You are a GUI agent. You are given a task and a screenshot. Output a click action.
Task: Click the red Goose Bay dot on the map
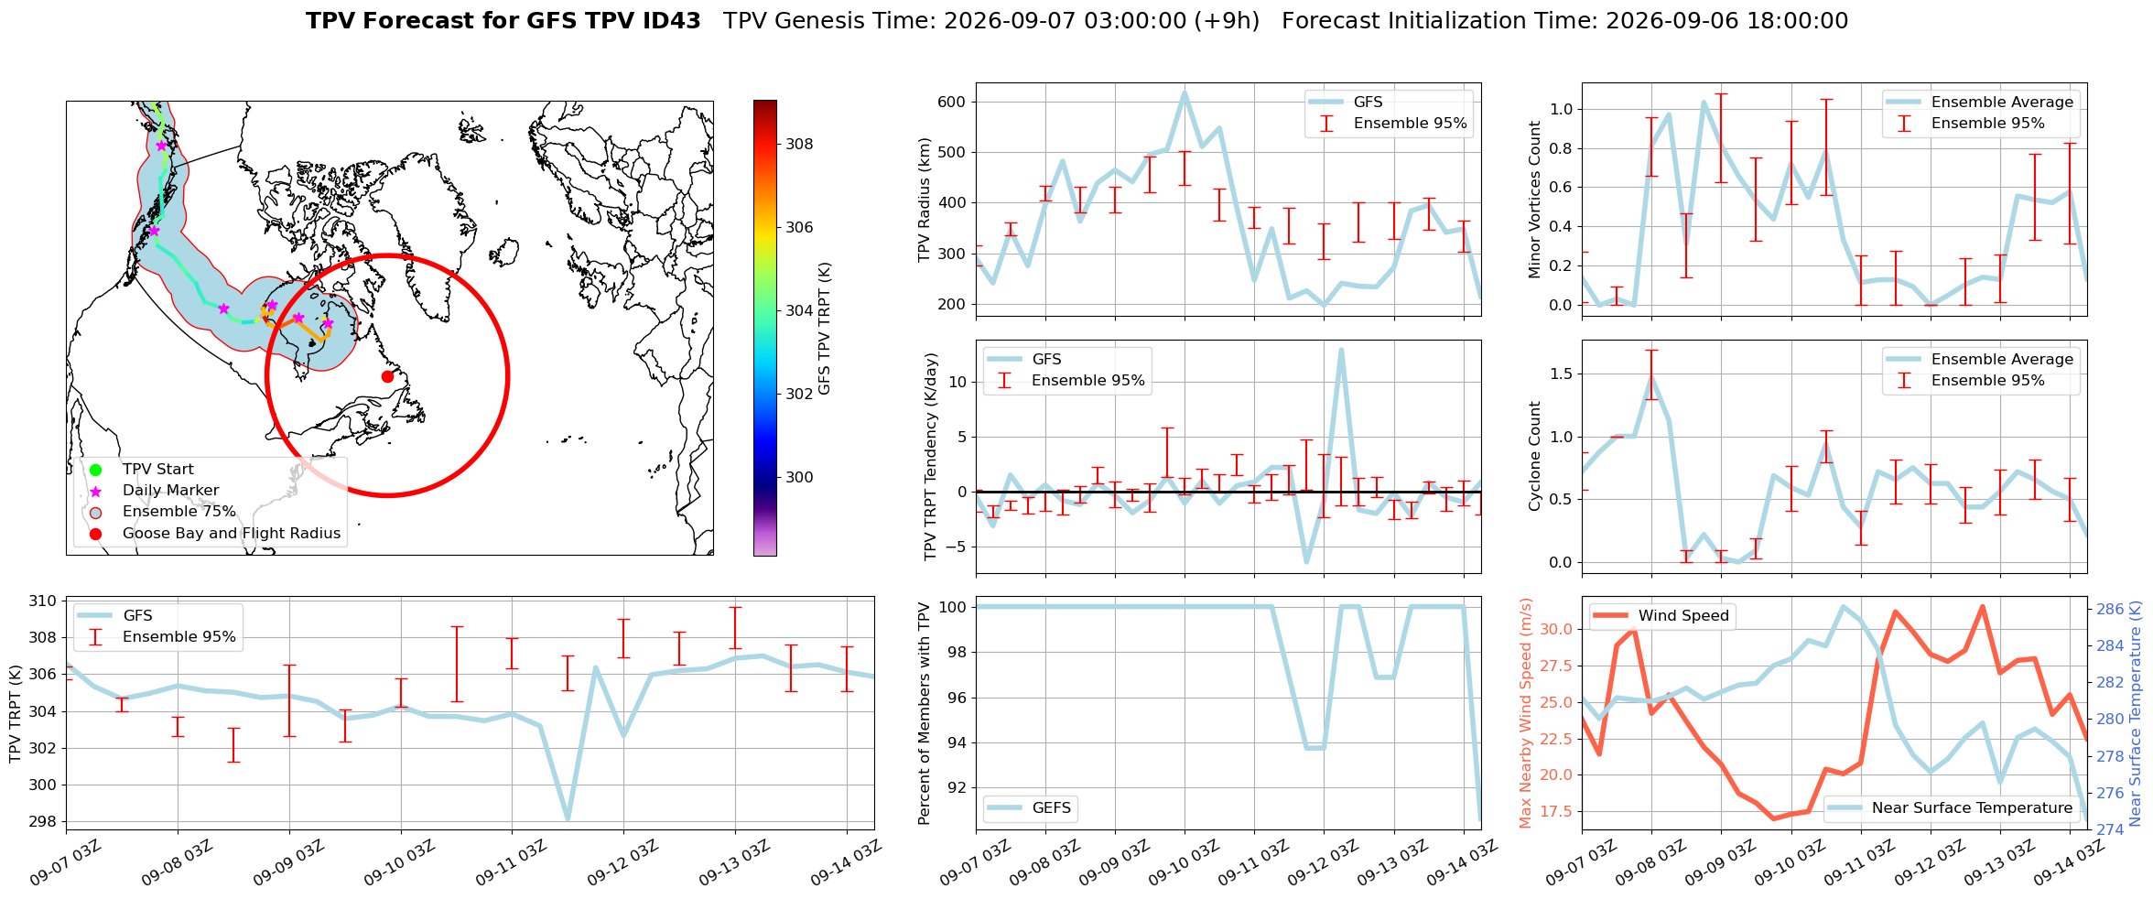pos(387,376)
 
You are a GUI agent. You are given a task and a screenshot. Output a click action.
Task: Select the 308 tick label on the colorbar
pos(799,144)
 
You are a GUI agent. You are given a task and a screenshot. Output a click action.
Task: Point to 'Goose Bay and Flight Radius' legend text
pos(232,534)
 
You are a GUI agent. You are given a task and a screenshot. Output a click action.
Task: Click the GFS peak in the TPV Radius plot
pos(1185,92)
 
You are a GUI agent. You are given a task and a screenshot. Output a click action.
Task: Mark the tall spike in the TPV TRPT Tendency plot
pos(1341,350)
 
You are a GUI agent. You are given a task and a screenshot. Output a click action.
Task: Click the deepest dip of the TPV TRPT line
pos(568,818)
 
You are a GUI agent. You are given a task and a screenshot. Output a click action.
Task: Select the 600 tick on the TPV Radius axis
pos(952,102)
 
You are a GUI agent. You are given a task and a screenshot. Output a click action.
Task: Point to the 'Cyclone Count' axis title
pos(1535,456)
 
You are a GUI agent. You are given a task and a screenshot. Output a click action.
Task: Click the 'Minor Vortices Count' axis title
pos(1535,200)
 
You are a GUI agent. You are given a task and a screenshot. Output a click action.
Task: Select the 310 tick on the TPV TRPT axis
pos(43,601)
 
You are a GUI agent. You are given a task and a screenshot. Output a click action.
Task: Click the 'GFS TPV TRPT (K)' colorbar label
pos(825,328)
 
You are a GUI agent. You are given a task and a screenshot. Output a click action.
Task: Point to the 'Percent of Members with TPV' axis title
pos(925,713)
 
